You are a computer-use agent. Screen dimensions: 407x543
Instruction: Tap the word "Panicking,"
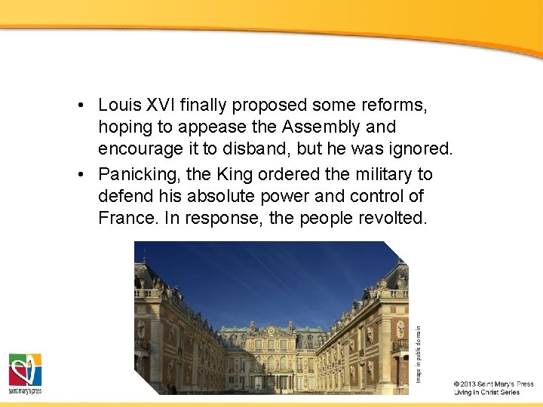140,174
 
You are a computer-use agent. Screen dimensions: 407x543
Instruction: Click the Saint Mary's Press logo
25,373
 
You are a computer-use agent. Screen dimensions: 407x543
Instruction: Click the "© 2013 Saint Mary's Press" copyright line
494,384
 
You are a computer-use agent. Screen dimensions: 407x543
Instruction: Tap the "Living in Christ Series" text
486,393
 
